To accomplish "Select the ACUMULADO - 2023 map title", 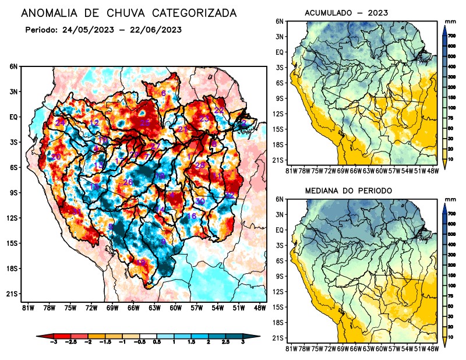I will (x=347, y=13).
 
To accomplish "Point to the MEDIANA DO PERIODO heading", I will (x=349, y=190).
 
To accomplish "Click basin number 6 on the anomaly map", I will (x=163, y=93).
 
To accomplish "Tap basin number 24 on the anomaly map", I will (x=60, y=122).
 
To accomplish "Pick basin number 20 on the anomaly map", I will (x=56, y=157).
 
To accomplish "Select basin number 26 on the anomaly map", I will (x=128, y=182).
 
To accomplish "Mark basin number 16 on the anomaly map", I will (x=191, y=216).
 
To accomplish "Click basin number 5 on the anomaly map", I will (x=111, y=227).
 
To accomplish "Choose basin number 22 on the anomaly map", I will (x=219, y=110).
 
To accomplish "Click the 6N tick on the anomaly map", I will (x=13, y=67).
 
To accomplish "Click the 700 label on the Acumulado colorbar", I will (x=452, y=36).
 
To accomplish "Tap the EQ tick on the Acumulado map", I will (x=280, y=52).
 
